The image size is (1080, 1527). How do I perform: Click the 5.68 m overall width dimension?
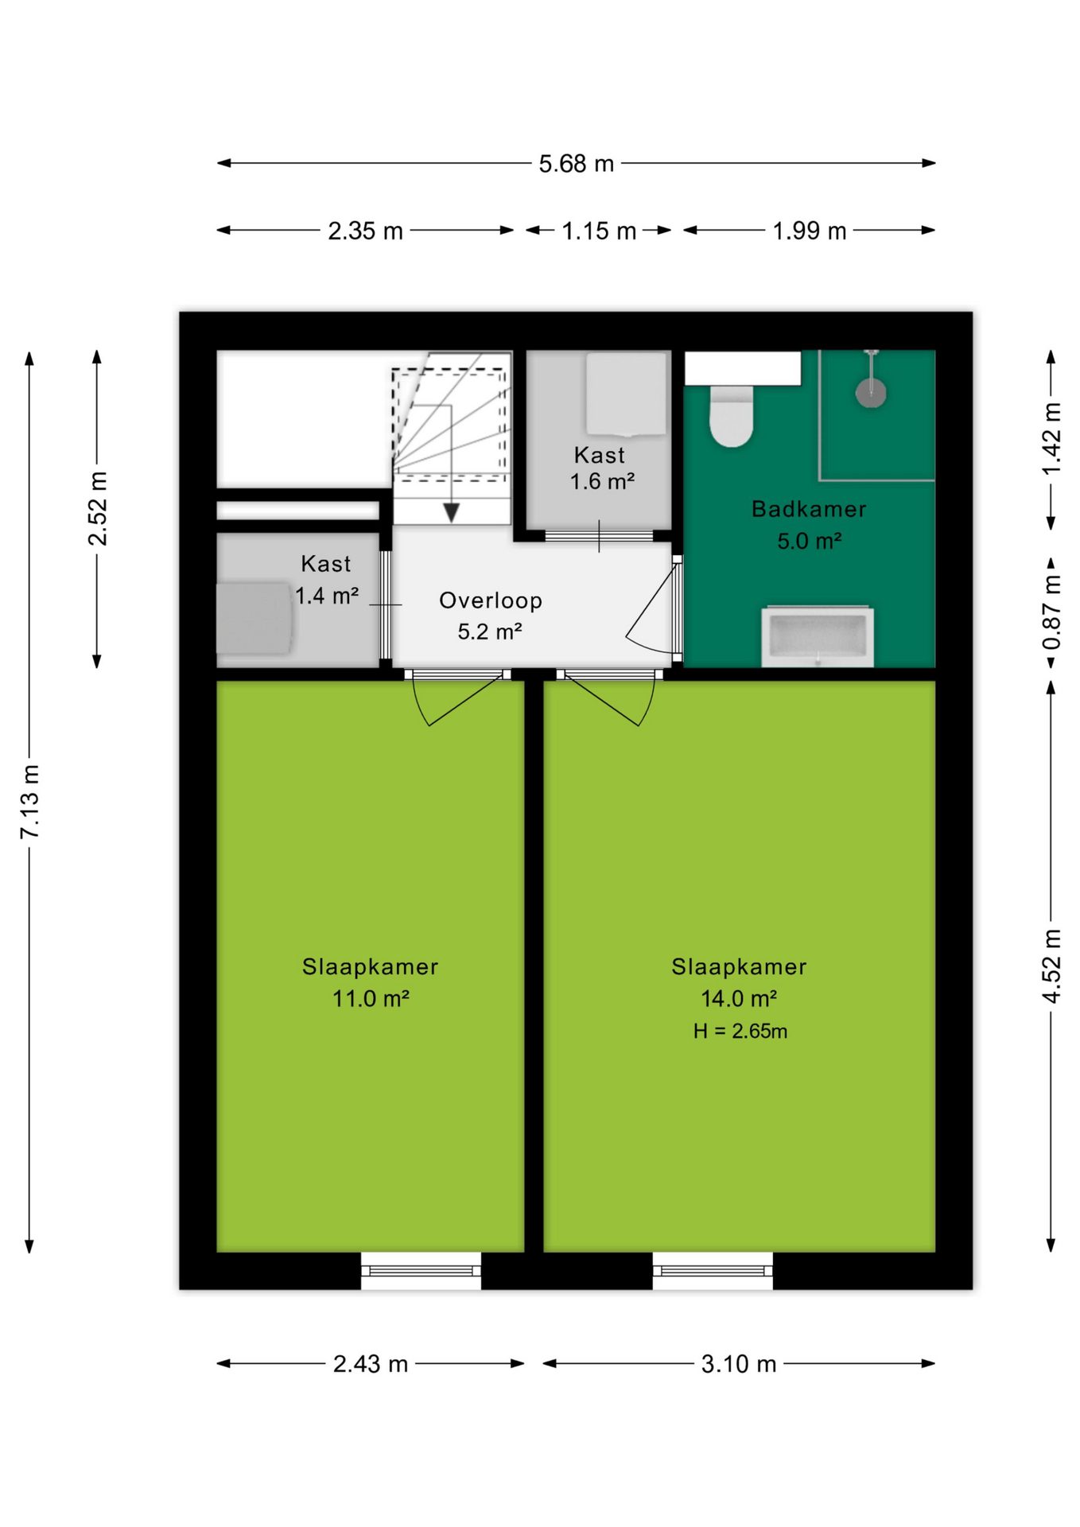[x=576, y=163]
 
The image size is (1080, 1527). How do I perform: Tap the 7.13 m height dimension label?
[x=30, y=802]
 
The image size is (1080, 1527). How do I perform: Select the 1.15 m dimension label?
[x=599, y=231]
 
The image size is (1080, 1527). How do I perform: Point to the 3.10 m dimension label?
[x=738, y=1364]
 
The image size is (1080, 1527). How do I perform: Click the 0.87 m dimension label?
[x=1051, y=613]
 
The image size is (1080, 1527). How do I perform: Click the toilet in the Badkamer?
[x=731, y=415]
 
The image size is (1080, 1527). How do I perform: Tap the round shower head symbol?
[x=872, y=391]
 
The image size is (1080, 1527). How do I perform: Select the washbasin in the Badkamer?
[x=818, y=637]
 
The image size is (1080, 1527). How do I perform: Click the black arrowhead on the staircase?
[x=451, y=513]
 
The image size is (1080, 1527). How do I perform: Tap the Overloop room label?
[x=491, y=600]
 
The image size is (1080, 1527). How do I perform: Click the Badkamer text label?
[x=809, y=509]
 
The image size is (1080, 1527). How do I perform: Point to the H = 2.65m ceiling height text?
[x=740, y=1032]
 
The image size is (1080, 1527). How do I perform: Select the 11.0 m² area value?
[x=371, y=998]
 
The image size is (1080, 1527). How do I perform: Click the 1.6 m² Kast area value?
[x=602, y=481]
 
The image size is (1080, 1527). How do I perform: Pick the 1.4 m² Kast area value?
[x=326, y=595]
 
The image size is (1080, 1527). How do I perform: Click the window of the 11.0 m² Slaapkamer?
[x=421, y=1270]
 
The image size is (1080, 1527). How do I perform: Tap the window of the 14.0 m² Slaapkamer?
[x=713, y=1270]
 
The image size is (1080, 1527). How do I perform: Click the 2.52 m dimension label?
[x=97, y=509]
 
